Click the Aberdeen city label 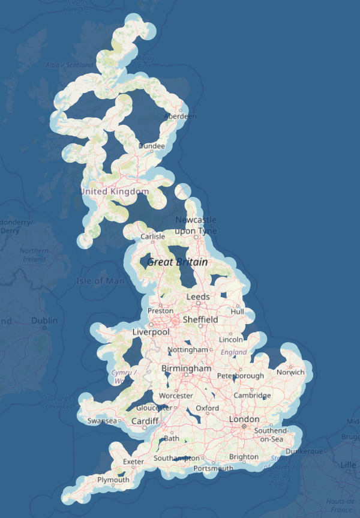click(180, 116)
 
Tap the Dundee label click(151, 146)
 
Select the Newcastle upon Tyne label click(196, 226)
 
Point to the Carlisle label click(152, 237)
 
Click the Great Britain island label click(178, 262)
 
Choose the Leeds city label click(198, 297)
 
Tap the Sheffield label click(200, 319)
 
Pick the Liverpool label click(151, 332)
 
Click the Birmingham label click(186, 368)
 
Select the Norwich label click(290, 372)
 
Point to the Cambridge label click(252, 395)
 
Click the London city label click(244, 419)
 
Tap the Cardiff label click(145, 421)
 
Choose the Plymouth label click(113, 480)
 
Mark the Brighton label click(244, 457)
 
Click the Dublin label click(44, 321)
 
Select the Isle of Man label click(100, 281)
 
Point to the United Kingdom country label click(114, 191)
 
